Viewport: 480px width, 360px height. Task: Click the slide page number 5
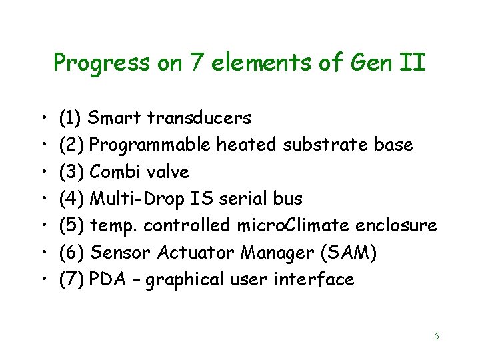(437, 336)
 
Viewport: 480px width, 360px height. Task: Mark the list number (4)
(71, 199)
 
